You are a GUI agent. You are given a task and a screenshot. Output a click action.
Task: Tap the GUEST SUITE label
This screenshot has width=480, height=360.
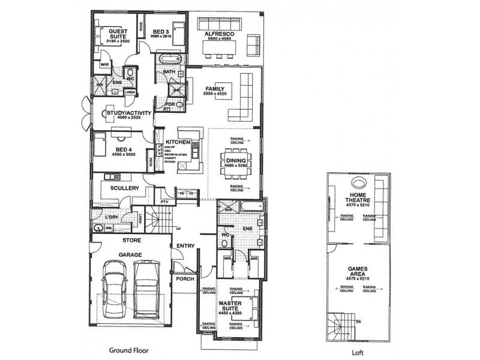coord(117,33)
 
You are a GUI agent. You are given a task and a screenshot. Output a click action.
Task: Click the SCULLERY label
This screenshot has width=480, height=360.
coord(125,188)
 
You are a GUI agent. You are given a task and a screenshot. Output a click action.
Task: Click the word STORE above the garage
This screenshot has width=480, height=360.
coord(131,241)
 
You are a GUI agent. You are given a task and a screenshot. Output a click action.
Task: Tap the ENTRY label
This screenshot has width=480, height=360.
coord(185,246)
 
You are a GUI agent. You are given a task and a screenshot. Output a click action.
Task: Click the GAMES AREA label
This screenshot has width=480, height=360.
coord(357,272)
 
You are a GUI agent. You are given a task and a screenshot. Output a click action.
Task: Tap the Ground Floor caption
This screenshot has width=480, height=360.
coord(128,350)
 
